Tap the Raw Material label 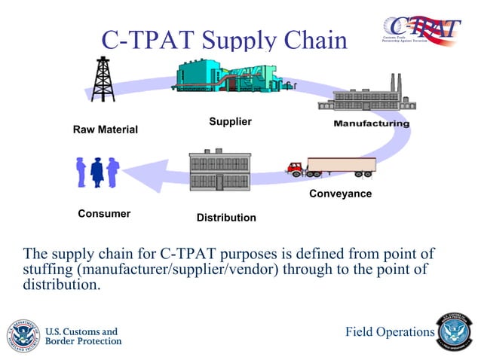tap(105, 130)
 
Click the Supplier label tap(230, 121)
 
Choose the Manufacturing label tap(372, 123)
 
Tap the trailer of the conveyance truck tap(341, 166)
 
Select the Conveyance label tap(340, 194)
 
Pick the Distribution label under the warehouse tap(226, 218)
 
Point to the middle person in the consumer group tap(97, 172)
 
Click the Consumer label tap(104, 214)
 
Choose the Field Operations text tap(389, 332)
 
